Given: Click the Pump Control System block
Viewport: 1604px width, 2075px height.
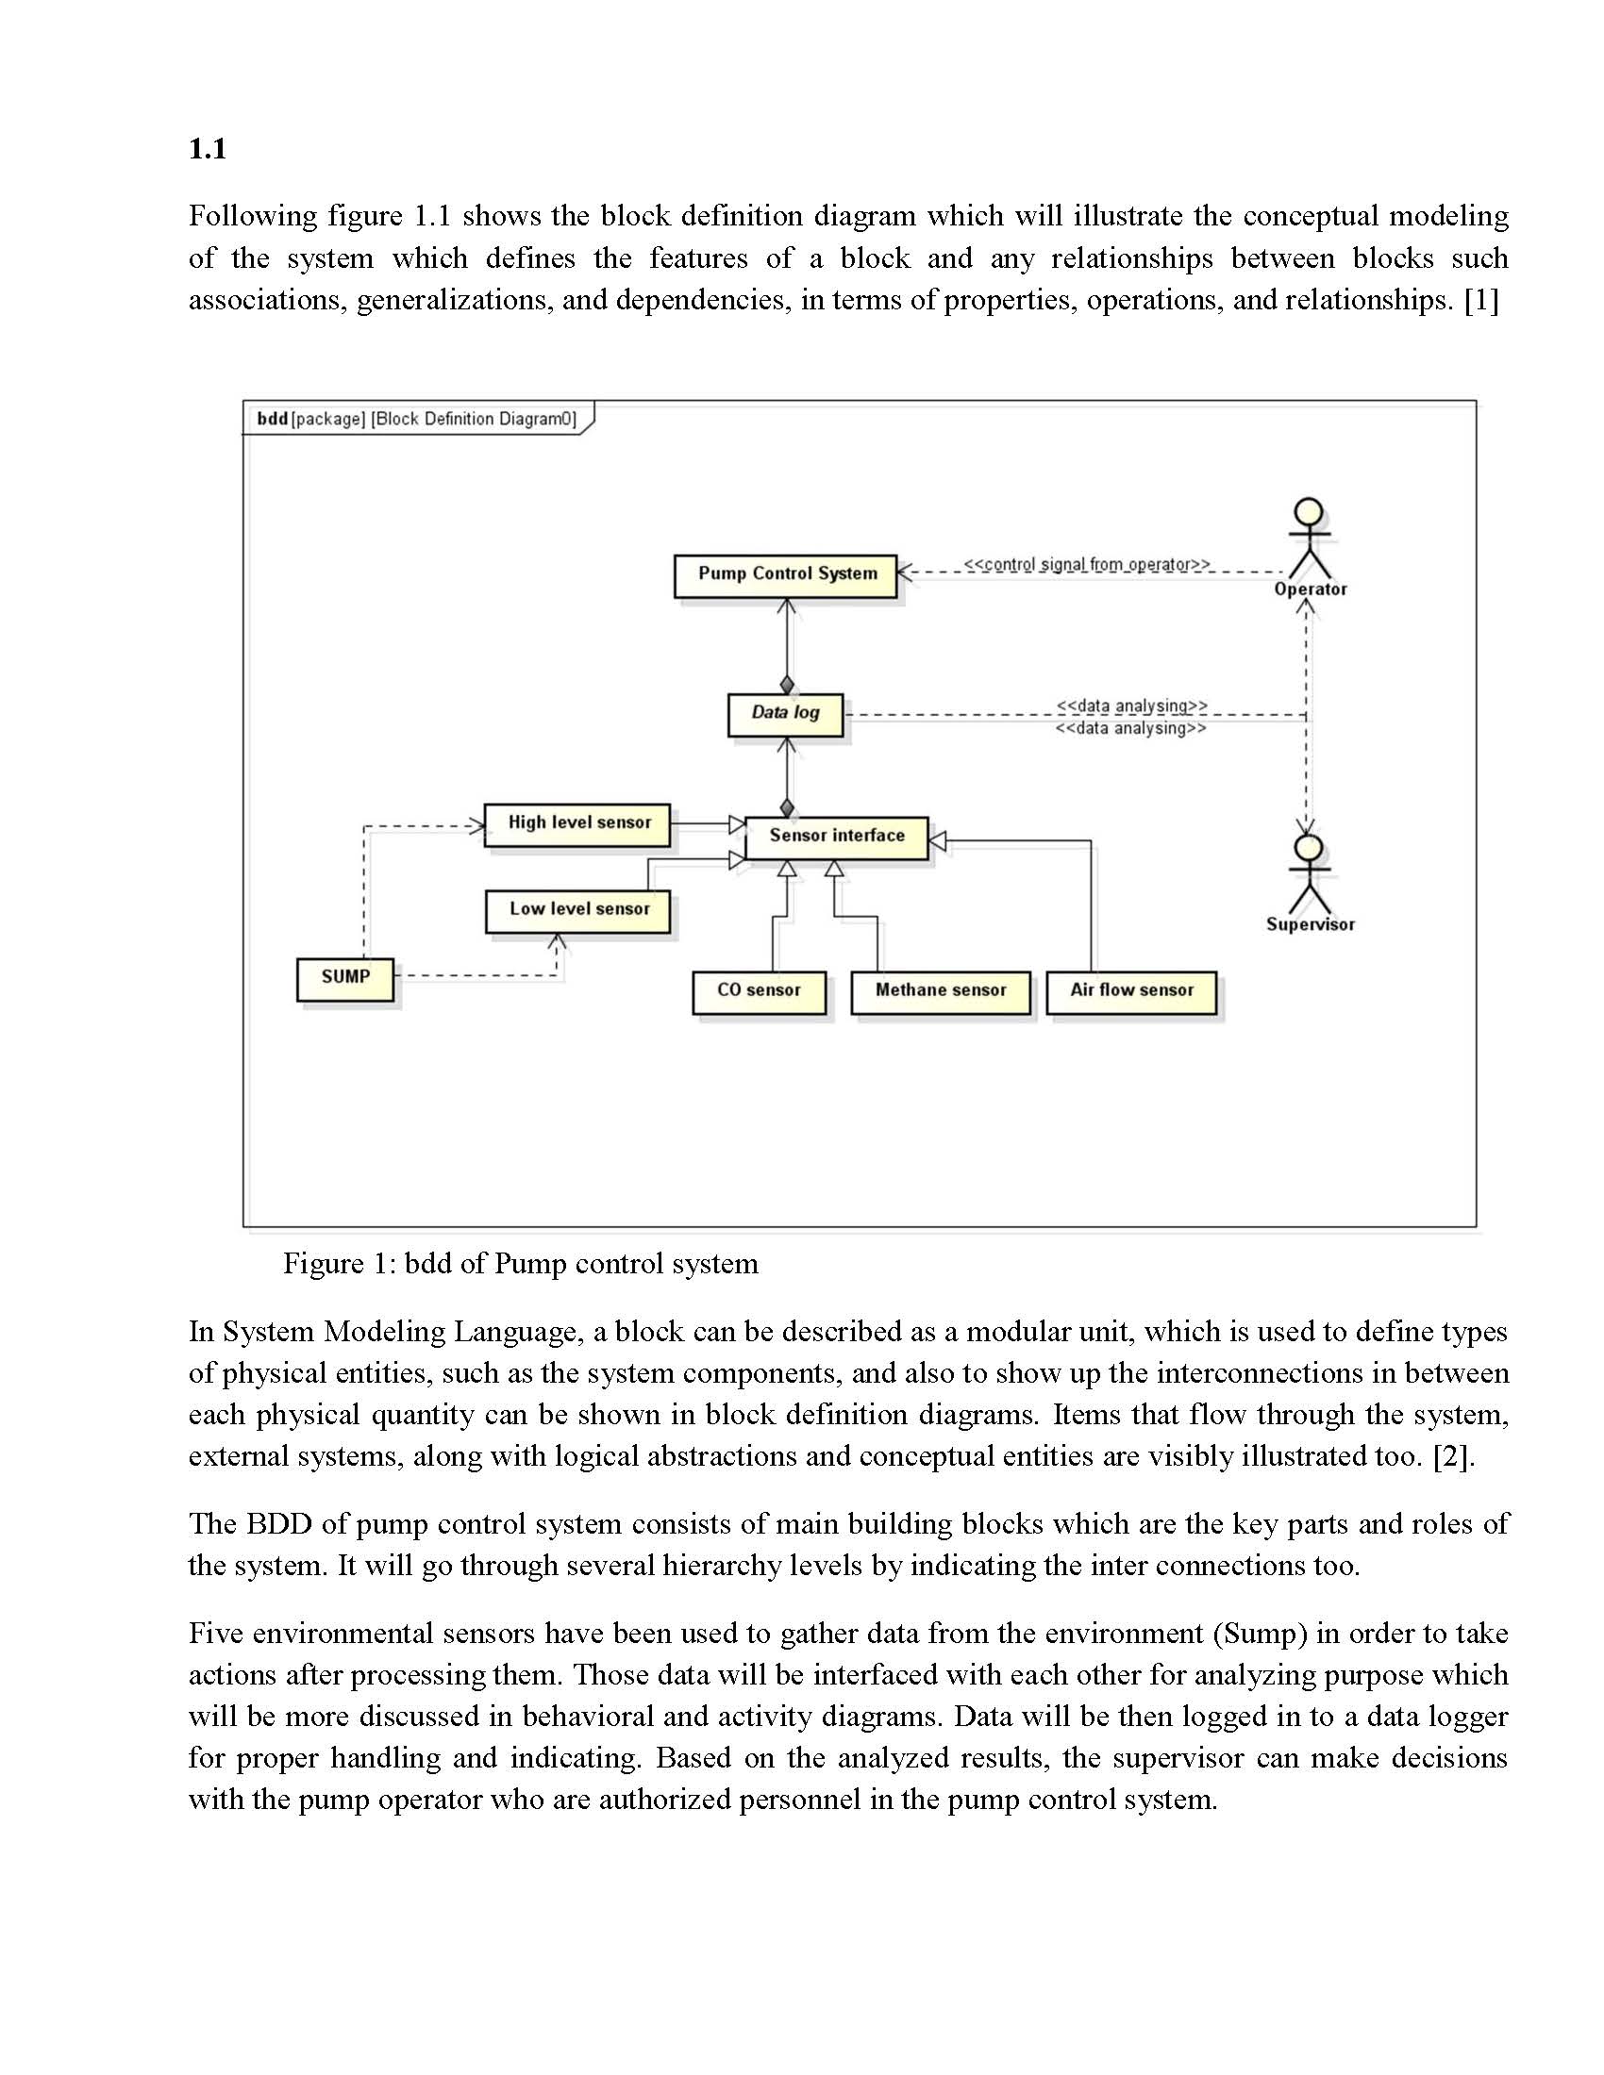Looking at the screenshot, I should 786,574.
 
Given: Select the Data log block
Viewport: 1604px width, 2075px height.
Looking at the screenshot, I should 785,714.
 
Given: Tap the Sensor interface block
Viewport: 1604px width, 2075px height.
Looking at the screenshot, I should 836,837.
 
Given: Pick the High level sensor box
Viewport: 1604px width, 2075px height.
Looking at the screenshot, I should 577,823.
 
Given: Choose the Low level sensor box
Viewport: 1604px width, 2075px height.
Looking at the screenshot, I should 577,910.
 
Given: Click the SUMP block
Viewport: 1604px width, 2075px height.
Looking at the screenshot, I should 345,978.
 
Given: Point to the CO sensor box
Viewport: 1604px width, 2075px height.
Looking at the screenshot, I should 759,991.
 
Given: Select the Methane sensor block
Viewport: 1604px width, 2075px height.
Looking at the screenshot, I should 940,991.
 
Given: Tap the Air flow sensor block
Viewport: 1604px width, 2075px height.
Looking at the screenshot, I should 1130,991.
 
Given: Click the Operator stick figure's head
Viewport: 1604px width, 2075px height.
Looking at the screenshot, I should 1310,511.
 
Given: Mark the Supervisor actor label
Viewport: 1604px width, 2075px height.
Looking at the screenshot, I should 1310,925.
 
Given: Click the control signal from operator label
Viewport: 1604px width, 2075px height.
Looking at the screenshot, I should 1086,564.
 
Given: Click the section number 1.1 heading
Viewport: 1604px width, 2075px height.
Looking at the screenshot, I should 208,149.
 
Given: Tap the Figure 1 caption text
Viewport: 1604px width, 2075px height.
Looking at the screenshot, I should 520,1265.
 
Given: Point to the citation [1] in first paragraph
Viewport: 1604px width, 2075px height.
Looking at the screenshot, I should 1481,301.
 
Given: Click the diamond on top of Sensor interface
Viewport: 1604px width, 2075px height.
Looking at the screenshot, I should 787,808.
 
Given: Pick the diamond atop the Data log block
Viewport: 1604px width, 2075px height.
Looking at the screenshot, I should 787,684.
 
